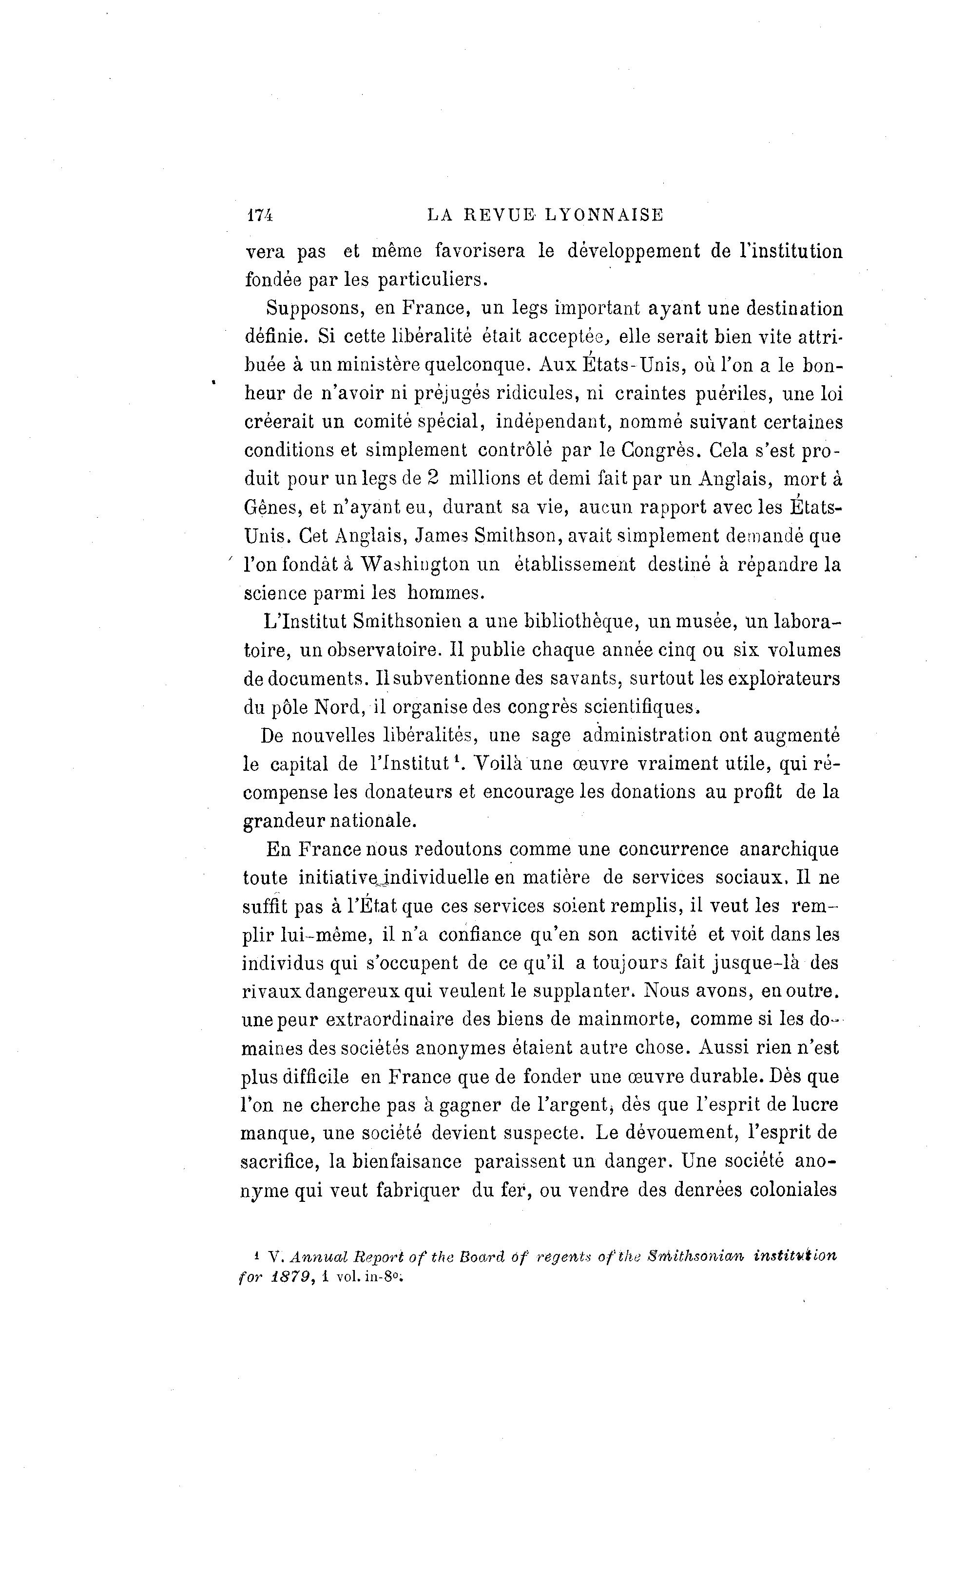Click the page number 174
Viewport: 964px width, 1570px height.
259,215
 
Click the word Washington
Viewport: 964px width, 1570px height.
415,564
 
